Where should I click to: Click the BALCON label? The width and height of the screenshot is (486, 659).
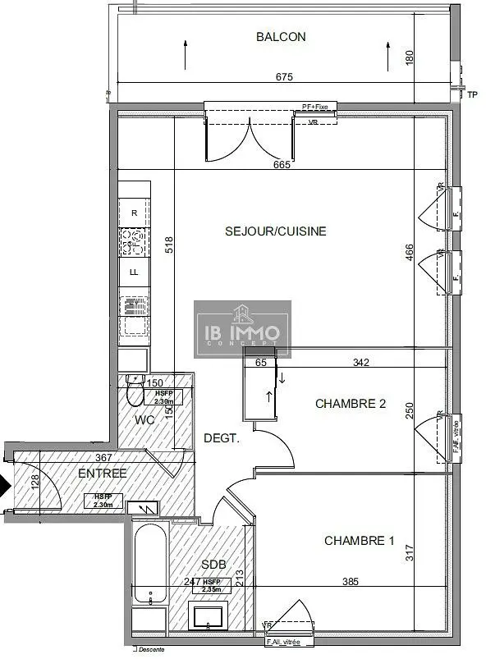point(281,36)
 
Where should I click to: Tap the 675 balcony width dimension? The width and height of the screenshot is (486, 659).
point(284,77)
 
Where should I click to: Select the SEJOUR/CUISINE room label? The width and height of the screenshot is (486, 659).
point(276,231)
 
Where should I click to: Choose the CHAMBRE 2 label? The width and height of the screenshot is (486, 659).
point(351,405)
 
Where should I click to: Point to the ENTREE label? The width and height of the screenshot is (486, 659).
point(102,474)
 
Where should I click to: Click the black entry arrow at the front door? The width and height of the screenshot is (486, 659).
point(5,486)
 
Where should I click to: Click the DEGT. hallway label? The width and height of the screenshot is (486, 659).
point(222,439)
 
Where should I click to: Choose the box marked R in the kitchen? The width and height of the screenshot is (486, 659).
point(134,213)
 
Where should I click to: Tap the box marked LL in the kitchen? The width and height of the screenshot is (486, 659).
point(134,272)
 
